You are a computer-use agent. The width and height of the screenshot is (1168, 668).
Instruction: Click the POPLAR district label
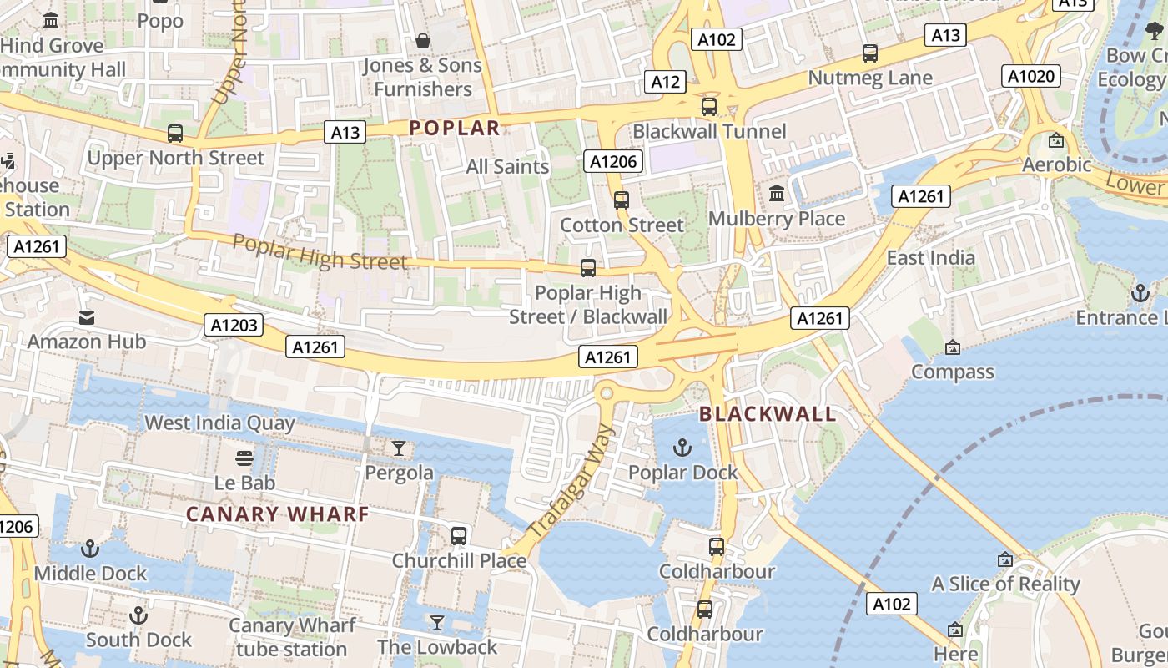pos(455,128)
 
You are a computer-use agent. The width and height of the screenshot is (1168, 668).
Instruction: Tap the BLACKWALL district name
pos(768,414)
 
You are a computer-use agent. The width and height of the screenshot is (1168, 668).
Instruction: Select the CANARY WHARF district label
pos(277,514)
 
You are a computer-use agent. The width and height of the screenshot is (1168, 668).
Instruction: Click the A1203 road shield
pos(234,325)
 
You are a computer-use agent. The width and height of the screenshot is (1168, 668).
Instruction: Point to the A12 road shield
pos(666,81)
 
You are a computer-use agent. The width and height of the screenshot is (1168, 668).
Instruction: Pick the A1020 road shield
pos(1032,77)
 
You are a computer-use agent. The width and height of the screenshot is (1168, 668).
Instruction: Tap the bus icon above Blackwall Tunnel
pos(709,107)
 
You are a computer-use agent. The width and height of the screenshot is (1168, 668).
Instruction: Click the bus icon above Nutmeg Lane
pos(870,53)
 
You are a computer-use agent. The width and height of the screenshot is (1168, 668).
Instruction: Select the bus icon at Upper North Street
pos(175,134)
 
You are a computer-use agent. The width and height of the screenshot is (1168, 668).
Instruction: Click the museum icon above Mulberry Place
pos(777,194)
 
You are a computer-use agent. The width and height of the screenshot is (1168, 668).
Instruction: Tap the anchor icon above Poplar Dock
pos(682,448)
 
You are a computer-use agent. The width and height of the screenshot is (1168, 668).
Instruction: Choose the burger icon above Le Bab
pos(244,458)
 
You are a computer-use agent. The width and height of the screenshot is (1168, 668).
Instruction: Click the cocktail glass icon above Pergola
pos(399,448)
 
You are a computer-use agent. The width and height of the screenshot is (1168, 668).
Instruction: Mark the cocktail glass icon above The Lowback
pos(436,623)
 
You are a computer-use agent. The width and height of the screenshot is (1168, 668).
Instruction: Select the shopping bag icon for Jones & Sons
pos(423,41)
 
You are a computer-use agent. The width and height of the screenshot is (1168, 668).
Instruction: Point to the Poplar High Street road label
pos(320,252)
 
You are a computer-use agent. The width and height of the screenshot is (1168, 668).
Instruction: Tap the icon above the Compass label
pos(952,347)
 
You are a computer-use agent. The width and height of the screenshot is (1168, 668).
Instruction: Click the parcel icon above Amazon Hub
pos(87,317)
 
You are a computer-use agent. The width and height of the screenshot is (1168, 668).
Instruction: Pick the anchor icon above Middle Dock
pos(89,549)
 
